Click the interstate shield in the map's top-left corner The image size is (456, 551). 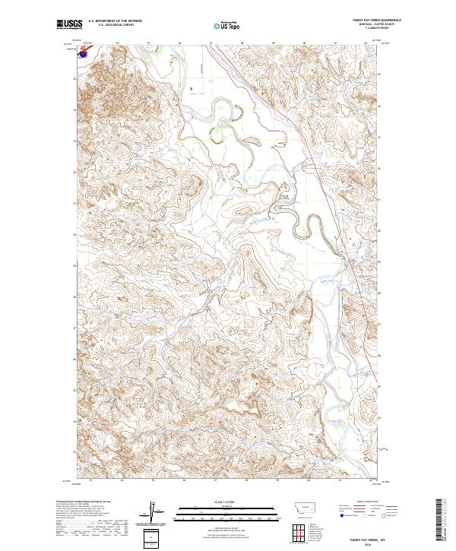click(82, 54)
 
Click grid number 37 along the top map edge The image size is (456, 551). click(211, 43)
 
